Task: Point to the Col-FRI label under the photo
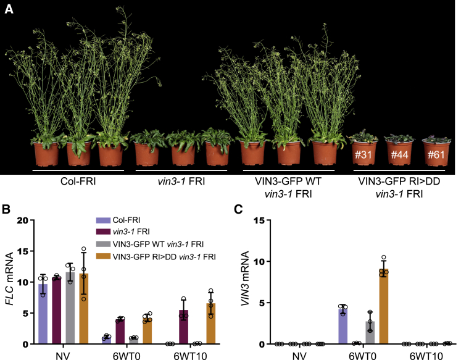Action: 78,182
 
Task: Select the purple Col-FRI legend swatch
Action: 103,220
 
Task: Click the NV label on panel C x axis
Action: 299,355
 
